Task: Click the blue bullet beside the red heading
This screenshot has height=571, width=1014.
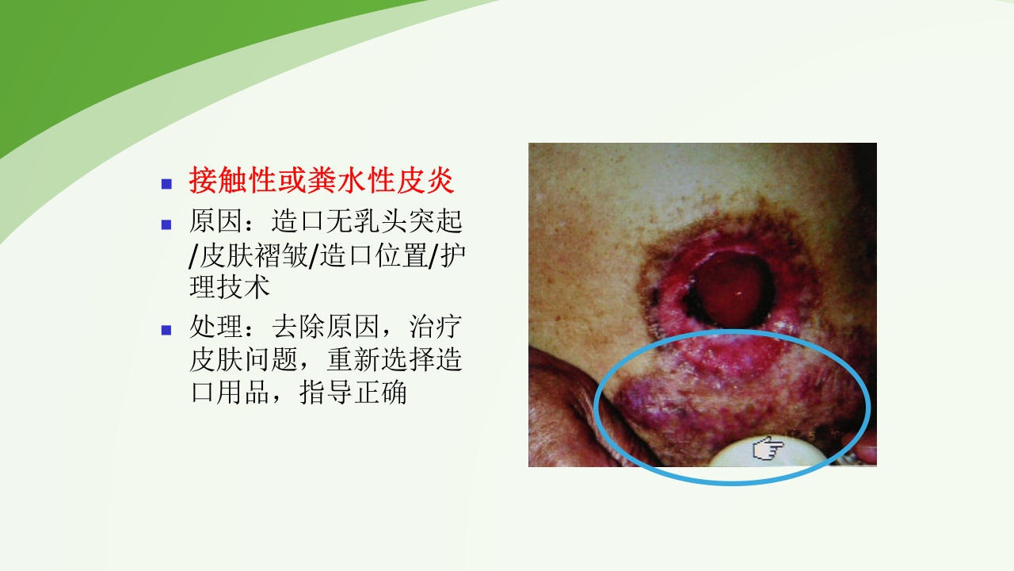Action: pos(166,184)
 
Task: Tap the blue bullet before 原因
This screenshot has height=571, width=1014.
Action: pos(166,224)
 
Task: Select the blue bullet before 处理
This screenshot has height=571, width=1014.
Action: pos(166,329)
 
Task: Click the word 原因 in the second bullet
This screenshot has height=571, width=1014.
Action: pos(215,220)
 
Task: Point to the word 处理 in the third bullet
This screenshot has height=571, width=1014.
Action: pos(215,326)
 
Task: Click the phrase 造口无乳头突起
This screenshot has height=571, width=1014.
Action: pos(367,220)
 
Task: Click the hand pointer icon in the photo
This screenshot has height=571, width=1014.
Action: pos(767,450)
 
